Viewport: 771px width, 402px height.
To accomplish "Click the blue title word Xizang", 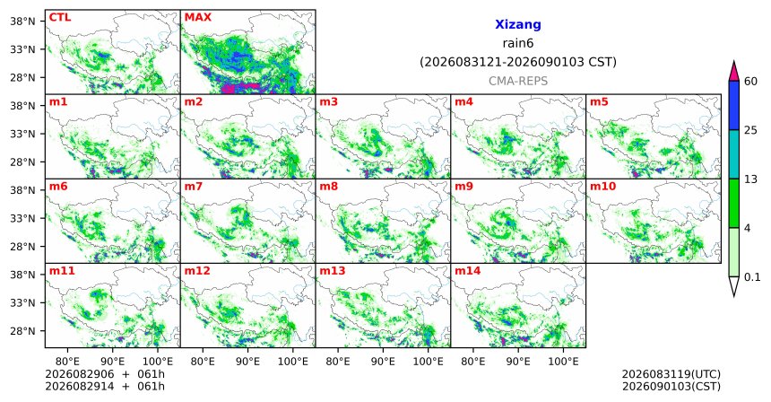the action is (x=518, y=24).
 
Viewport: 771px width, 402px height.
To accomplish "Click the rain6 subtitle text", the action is (x=518, y=43).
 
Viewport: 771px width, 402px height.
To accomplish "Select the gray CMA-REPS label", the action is (x=518, y=81).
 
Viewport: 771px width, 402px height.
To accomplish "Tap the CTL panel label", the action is (x=60, y=17).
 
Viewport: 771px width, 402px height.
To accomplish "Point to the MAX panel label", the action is (x=197, y=17).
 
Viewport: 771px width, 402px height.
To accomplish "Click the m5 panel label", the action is (x=599, y=102).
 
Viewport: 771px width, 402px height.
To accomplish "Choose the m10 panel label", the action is (x=602, y=187).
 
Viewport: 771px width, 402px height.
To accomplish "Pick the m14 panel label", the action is (x=467, y=271).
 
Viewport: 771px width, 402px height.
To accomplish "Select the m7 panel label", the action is (x=194, y=187).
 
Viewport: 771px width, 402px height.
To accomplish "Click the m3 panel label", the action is (x=328, y=102).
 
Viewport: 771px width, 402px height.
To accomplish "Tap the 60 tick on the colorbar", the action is (x=750, y=81).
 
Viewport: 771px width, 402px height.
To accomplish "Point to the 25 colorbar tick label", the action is (x=750, y=130).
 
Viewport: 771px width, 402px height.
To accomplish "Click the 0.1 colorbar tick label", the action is (x=752, y=277).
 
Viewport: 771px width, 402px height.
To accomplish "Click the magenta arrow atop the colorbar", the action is (x=733, y=72).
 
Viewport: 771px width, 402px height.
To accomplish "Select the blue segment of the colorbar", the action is (x=733, y=105).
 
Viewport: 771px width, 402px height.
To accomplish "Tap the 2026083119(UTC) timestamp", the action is (x=671, y=375).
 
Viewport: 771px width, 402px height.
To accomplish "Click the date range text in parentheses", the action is (x=518, y=62).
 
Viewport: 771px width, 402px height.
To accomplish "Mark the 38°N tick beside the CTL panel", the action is (x=22, y=22).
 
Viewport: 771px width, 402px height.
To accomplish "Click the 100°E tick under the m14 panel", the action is (x=563, y=362).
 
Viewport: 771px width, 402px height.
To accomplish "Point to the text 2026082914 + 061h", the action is (x=105, y=386).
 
